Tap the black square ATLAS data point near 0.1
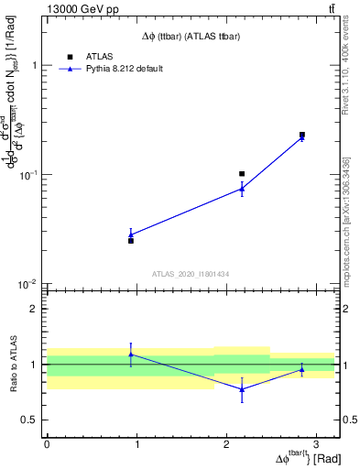click(242, 173)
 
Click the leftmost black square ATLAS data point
click(131, 240)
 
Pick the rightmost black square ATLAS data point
click(302, 135)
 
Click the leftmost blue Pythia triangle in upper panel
click(131, 234)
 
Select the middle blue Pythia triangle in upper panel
click(242, 189)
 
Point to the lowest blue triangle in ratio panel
click(242, 388)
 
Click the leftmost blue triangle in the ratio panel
click(131, 354)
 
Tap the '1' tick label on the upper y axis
click(35, 66)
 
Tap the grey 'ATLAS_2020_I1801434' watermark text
click(191, 274)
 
